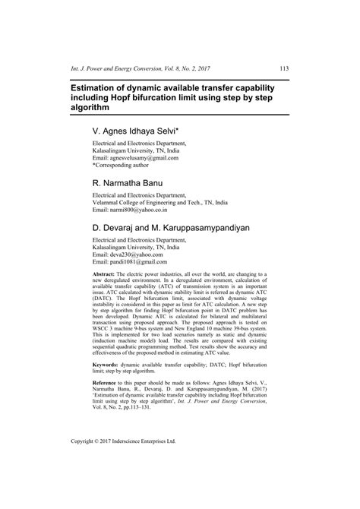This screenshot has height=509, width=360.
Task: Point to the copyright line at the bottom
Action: point(122,460)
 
